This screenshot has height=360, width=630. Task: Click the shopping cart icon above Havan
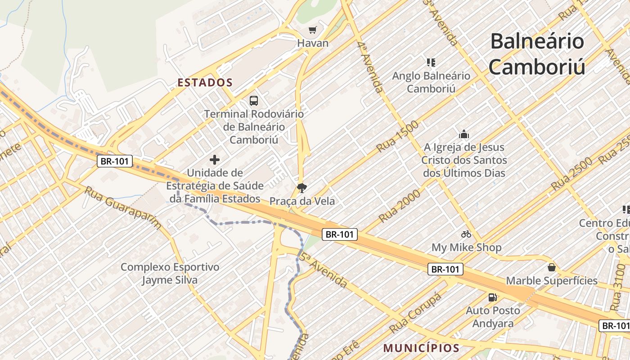[x=312, y=30]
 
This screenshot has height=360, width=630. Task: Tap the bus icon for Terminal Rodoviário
[x=254, y=100]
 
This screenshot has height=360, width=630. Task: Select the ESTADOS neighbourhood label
[x=205, y=83]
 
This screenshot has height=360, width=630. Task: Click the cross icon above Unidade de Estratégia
[x=215, y=159]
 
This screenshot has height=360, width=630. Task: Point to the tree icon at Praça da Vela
[x=301, y=188]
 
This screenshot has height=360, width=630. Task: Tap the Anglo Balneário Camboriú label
[x=431, y=82]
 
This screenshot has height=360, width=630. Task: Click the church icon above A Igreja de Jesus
[x=463, y=134]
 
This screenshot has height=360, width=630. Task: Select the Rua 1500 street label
[x=397, y=136]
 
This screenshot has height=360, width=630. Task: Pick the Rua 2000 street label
[x=399, y=206]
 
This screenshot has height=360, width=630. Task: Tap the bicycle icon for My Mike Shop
[x=466, y=234]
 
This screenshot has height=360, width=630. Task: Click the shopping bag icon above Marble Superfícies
[x=552, y=267]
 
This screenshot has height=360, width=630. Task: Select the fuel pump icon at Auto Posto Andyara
[x=493, y=297]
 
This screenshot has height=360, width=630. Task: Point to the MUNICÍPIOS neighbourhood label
[x=421, y=348]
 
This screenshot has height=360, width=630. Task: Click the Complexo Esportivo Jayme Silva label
[x=170, y=273]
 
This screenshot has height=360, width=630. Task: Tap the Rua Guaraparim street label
[x=122, y=207]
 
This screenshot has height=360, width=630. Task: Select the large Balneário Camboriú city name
[x=537, y=54]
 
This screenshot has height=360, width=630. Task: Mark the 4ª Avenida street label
[x=371, y=67]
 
